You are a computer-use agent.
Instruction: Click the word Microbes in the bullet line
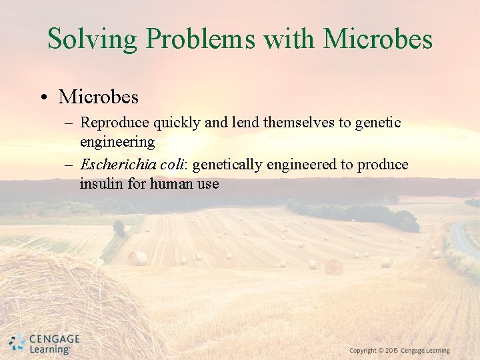[99, 97]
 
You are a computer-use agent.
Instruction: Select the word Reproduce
[115, 123]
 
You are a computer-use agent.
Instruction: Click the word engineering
[117, 142]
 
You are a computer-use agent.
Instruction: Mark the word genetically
[228, 165]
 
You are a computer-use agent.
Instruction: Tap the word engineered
[300, 165]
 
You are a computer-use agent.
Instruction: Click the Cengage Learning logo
[44, 343]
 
